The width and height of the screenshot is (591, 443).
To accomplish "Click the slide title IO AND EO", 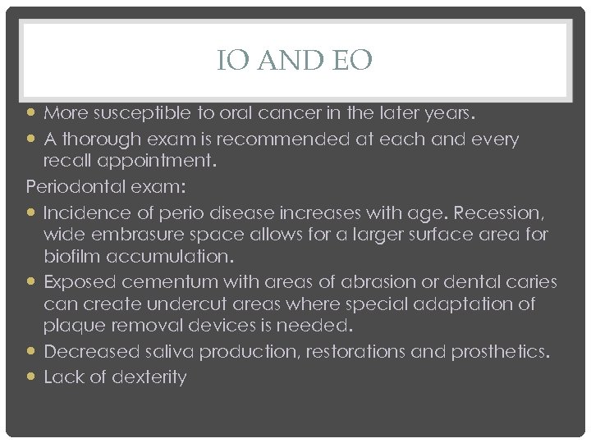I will coord(295,60).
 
